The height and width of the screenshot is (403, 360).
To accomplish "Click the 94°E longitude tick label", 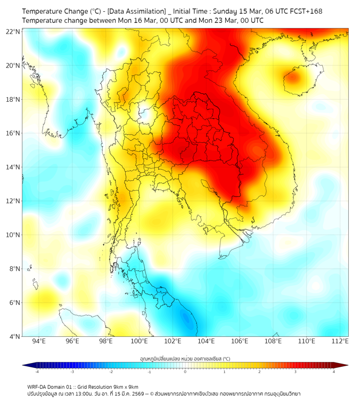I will (39, 341).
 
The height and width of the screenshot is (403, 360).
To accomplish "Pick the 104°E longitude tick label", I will (206, 341).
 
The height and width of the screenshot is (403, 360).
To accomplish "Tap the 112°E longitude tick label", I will (340, 341).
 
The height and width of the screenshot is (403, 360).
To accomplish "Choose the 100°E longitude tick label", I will (139, 341).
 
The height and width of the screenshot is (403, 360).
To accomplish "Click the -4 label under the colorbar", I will (37, 372).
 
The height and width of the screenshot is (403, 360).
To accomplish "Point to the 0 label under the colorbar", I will (185, 372).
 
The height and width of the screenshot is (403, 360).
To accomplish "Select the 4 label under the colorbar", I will (333, 372).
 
